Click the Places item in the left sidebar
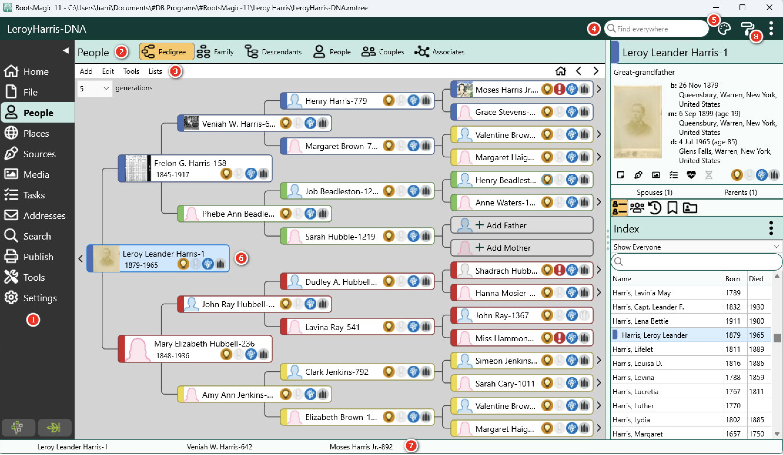click(36, 133)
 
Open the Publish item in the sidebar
click(38, 257)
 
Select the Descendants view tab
click(273, 52)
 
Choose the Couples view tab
click(382, 52)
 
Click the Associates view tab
click(439, 52)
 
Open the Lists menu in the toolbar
click(155, 71)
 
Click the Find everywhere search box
click(656, 29)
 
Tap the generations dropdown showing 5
click(94, 88)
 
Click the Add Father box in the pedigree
click(522, 225)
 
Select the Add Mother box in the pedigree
click(522, 248)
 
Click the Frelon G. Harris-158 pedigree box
click(195, 168)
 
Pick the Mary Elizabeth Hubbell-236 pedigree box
click(195, 349)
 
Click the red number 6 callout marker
click(241, 258)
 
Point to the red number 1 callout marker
click(33, 320)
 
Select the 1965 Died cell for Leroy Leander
click(756, 335)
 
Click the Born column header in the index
click(732, 279)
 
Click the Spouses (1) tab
click(654, 193)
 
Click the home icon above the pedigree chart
click(561, 71)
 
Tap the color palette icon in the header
click(724, 29)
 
